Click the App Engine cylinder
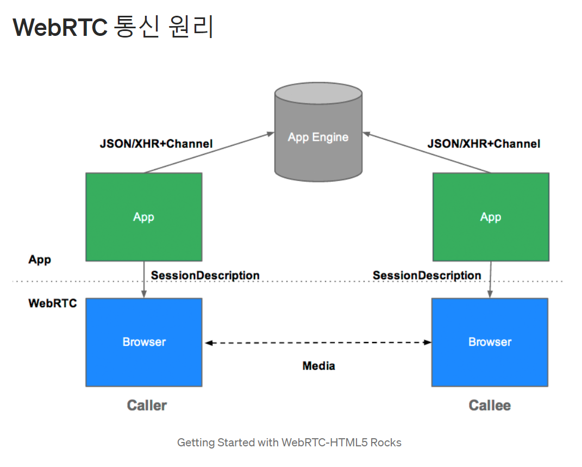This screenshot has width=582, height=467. [x=318, y=132]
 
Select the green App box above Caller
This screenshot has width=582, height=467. [x=144, y=217]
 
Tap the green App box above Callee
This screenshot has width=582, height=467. [x=491, y=217]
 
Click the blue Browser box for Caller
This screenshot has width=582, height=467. [x=144, y=343]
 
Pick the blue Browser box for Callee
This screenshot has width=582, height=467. [x=490, y=343]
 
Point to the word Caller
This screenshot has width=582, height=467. [x=147, y=406]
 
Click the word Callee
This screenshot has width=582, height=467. [x=490, y=406]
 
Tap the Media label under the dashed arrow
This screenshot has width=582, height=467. [x=319, y=366]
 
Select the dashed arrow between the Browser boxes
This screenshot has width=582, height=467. [x=318, y=343]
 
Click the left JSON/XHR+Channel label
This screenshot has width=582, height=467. [x=157, y=144]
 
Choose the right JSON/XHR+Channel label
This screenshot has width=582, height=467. [x=484, y=144]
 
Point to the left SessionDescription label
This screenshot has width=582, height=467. [x=205, y=276]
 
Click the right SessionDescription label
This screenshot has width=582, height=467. [x=427, y=276]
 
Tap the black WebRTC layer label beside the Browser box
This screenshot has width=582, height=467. [x=53, y=303]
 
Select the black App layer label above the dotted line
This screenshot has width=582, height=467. [x=40, y=259]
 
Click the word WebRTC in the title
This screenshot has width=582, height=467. [x=60, y=27]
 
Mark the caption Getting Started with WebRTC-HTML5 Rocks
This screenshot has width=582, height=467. [x=289, y=443]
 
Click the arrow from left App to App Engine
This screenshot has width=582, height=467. [x=209, y=153]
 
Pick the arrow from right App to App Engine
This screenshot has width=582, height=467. [x=427, y=153]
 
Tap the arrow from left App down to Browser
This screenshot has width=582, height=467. [x=144, y=279]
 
